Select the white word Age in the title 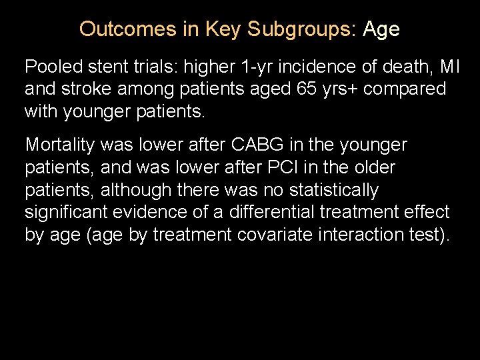tap(381, 29)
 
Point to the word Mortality tap(60, 145)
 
